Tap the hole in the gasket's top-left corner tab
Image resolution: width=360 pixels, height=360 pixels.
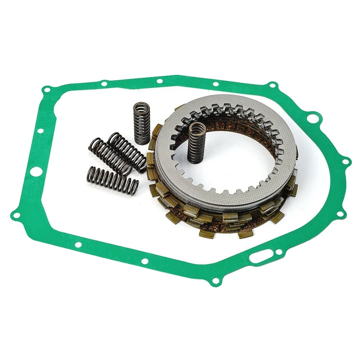[46, 90]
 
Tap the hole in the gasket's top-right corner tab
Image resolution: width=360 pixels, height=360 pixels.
[271, 85]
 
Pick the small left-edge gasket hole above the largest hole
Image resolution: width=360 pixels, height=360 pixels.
[40, 131]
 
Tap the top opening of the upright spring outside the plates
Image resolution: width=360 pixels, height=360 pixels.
[142, 107]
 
